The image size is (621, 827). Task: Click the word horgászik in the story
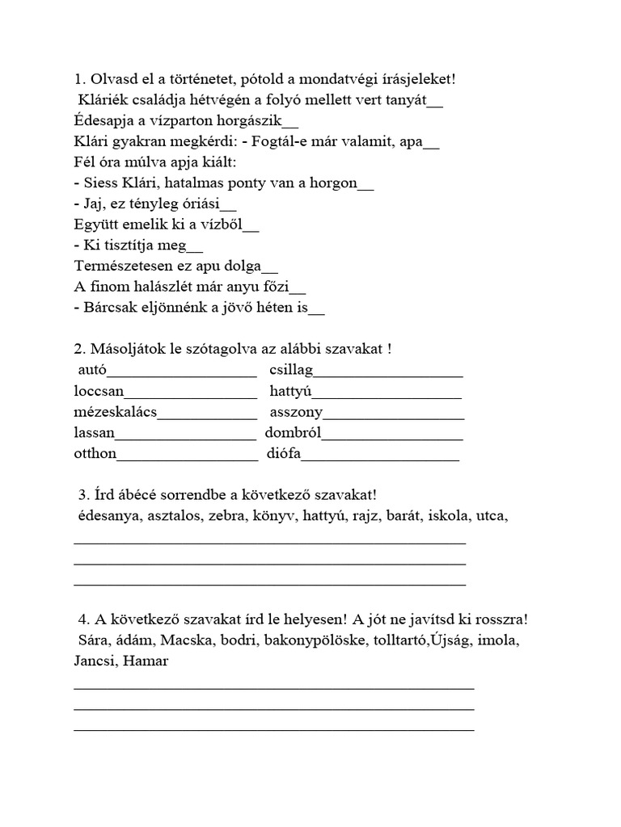click(242, 121)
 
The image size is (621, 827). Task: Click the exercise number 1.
click(78, 79)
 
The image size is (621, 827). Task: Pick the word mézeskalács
click(115, 412)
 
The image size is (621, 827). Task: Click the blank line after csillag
click(388, 374)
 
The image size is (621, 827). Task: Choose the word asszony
click(296, 412)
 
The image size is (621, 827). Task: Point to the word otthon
click(95, 453)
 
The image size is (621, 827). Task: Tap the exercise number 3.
click(83, 494)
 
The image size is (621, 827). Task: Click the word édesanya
click(109, 515)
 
